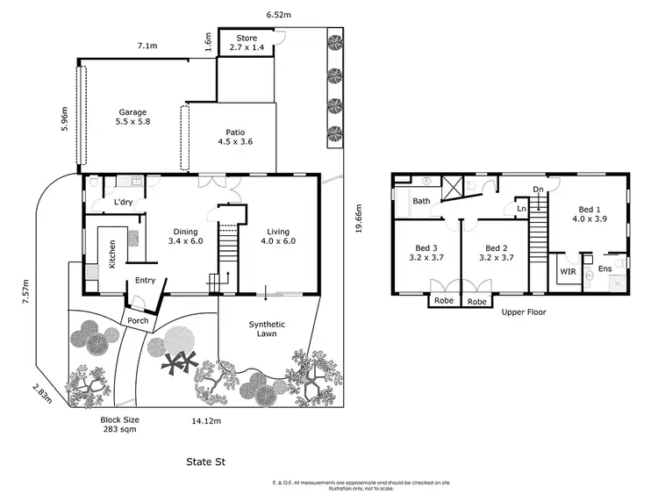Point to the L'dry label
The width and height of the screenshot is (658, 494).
(124, 204)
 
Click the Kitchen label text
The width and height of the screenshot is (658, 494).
(112, 254)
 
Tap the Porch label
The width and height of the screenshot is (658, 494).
(137, 320)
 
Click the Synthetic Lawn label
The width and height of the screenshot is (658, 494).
(267, 330)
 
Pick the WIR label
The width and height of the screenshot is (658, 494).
(568, 273)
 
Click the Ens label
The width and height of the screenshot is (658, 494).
(604, 268)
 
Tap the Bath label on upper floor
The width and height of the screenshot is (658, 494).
(421, 201)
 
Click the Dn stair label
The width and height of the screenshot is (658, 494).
(538, 189)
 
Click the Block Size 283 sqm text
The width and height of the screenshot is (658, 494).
(119, 426)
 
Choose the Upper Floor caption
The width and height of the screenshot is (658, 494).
(524, 312)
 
